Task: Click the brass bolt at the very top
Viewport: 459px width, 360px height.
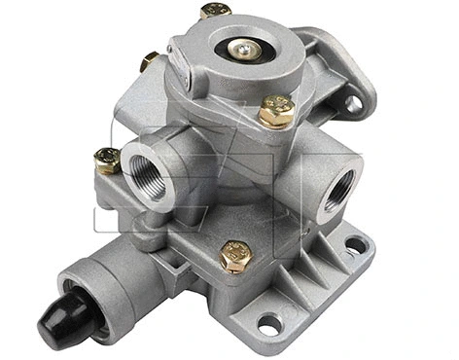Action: pos(215,12)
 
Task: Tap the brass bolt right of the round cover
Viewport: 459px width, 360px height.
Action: pos(277,111)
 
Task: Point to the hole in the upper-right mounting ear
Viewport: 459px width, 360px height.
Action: pos(352,102)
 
